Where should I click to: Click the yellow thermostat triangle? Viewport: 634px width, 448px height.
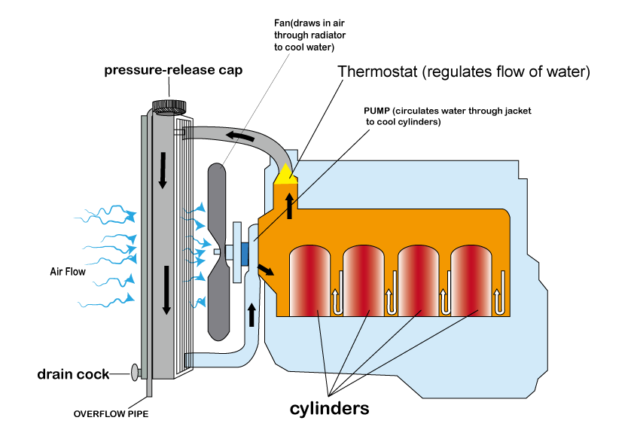point(286,175)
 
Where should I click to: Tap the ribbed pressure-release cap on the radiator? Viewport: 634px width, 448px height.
point(169,107)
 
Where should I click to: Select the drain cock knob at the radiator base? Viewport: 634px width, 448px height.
point(135,372)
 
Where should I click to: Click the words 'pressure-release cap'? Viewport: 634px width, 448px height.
point(173,70)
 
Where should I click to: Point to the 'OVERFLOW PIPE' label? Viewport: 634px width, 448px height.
point(111,414)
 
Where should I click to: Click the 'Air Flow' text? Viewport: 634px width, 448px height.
point(68,271)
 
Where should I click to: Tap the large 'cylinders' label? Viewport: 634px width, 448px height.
point(329,409)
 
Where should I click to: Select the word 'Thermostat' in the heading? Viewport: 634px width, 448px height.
point(377,72)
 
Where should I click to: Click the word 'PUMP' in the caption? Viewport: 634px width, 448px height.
point(376,111)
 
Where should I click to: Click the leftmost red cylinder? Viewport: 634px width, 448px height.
point(309,281)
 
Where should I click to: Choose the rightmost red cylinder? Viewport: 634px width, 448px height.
point(471,281)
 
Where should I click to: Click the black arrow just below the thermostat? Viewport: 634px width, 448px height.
point(289,206)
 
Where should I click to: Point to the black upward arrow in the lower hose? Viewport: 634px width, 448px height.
point(251,315)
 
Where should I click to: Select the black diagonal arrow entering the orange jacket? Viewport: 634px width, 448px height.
point(266,270)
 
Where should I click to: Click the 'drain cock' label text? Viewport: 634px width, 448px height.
point(73,374)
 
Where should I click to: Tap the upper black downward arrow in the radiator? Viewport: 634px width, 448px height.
point(163,170)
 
